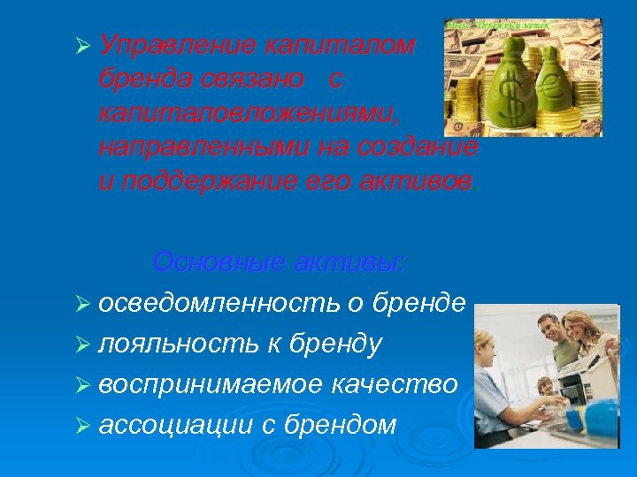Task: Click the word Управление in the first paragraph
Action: (169, 46)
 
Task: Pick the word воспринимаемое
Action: (209, 384)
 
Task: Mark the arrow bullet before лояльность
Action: (84, 344)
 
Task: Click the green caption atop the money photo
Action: (500, 26)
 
